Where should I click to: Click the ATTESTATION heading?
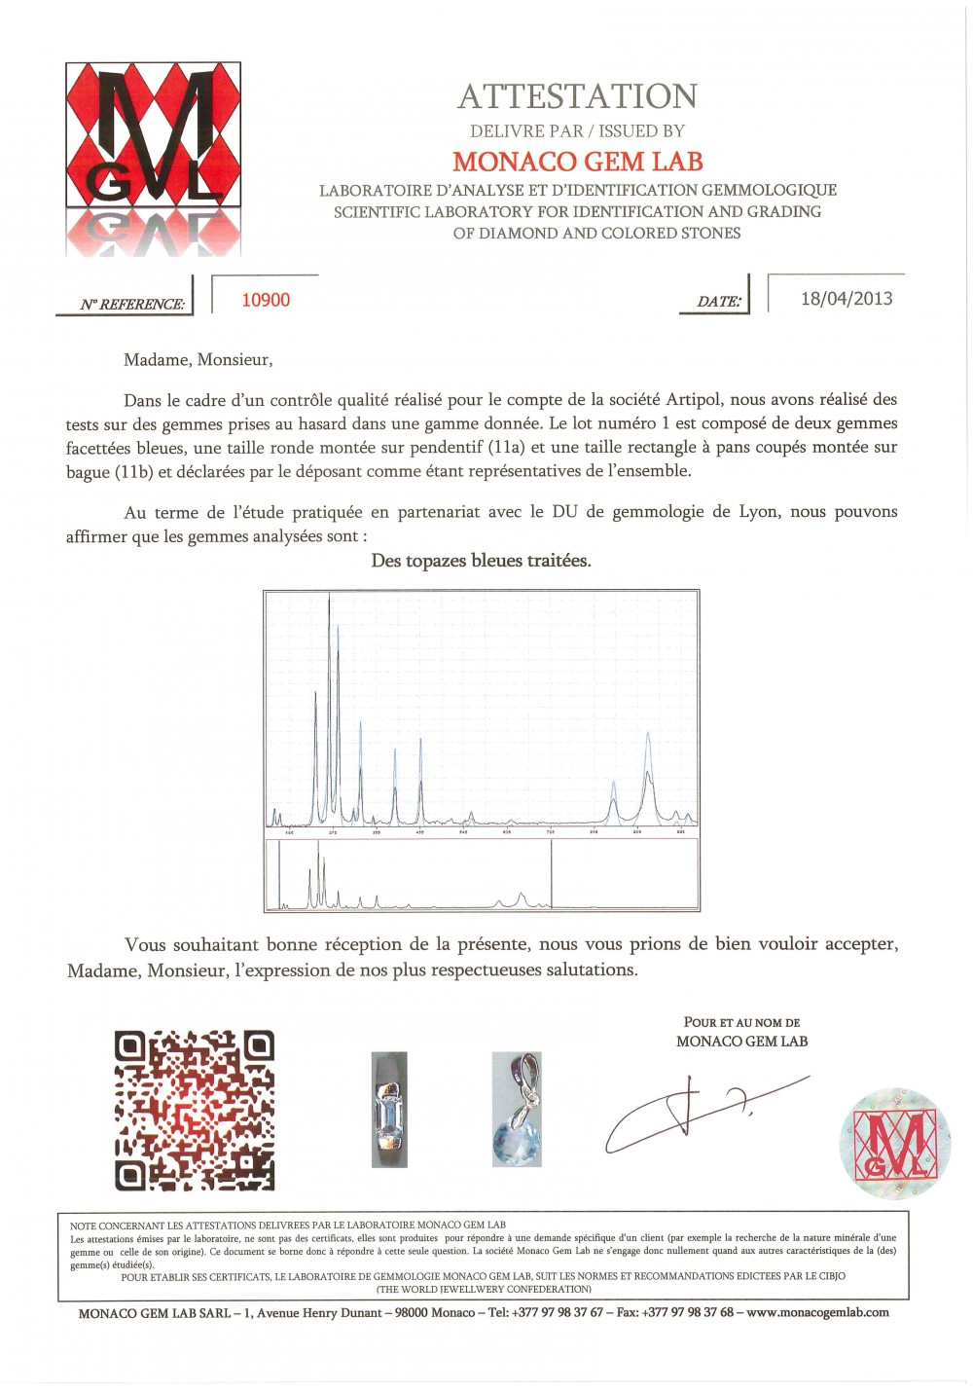tap(577, 96)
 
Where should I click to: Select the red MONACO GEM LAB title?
tap(577, 162)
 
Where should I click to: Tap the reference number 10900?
tap(266, 300)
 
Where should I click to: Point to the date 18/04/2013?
tap(846, 299)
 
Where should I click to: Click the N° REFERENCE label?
tap(132, 305)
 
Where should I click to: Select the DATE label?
tap(719, 302)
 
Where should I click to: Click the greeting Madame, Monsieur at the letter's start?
tap(198, 360)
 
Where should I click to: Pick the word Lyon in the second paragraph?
tap(756, 512)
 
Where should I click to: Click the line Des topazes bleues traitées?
tap(481, 561)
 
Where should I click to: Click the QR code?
tap(195, 1111)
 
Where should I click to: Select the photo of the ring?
tap(389, 1109)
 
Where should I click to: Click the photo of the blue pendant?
tap(517, 1109)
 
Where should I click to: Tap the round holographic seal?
tap(894, 1143)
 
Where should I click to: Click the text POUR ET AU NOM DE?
tap(741, 1023)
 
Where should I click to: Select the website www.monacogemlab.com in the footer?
tap(817, 1312)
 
